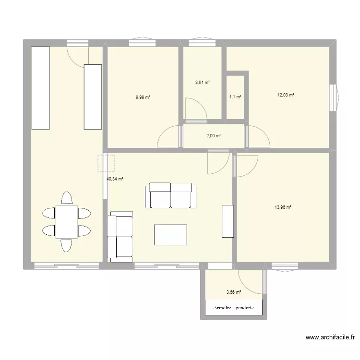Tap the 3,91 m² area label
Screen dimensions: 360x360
coord(202,83)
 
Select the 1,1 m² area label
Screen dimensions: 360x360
coord(235,97)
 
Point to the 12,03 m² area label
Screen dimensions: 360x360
coord(285,95)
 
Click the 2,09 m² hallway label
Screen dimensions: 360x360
coord(214,136)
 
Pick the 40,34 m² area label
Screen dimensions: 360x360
coord(115,179)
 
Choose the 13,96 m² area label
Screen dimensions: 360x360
coord(283,207)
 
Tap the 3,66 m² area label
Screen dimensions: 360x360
coord(233,291)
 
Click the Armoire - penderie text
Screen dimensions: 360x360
coord(233,308)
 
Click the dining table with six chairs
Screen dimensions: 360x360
coord(66,221)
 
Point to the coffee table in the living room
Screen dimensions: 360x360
coord(170,235)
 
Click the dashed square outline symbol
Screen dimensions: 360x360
coord(106,163)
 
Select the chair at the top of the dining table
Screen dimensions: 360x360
coord(67,198)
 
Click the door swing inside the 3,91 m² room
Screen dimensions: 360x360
coord(195,108)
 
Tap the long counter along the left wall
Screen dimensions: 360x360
coord(40,87)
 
